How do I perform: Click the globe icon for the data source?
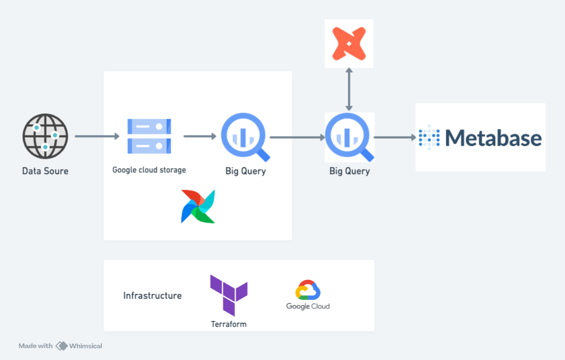45,136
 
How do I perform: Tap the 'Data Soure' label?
45,171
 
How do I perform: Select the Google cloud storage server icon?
149,136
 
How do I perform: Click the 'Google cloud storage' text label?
149,170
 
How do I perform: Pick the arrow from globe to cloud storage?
96,136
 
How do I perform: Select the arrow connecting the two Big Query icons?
297,138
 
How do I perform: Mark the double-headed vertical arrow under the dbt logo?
349,89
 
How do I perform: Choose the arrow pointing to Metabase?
394,138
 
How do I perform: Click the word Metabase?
493,138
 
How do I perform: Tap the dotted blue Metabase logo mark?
428,138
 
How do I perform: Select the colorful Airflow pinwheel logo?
198,207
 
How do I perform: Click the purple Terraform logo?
229,294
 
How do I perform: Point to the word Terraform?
229,324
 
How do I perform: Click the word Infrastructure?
152,295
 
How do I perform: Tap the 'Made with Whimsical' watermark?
60,346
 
